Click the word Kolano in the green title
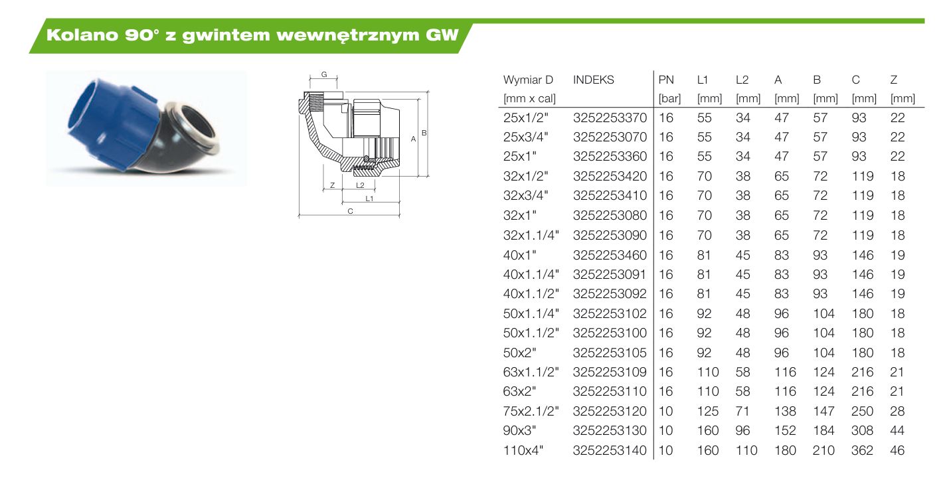(82, 35)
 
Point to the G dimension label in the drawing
(324, 74)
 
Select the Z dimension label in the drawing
(333, 185)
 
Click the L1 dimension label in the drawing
(369, 199)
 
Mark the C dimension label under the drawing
(351, 211)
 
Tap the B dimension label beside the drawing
(424, 133)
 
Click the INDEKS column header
(593, 80)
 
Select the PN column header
(666, 80)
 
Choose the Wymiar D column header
(529, 80)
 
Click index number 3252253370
(610, 118)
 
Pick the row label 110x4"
(523, 450)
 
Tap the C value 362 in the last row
(862, 450)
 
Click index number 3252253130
(610, 430)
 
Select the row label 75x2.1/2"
(531, 411)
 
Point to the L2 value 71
(742, 411)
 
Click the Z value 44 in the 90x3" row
(897, 430)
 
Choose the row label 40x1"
(520, 255)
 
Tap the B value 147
(823, 411)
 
